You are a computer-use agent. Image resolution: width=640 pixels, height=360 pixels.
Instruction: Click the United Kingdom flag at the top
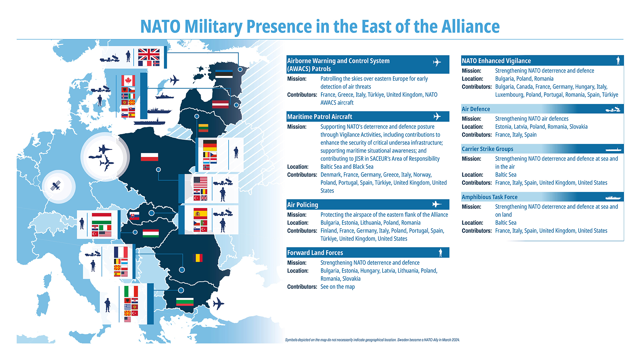(149, 54)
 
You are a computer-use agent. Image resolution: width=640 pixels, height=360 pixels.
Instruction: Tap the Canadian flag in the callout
(128, 81)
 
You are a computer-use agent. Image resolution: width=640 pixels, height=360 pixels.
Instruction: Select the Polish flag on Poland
(149, 157)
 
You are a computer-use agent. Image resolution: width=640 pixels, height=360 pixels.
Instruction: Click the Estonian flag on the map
(224, 74)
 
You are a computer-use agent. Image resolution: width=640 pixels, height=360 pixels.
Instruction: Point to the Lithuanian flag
(203, 128)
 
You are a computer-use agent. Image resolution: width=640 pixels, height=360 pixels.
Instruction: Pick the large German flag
(210, 145)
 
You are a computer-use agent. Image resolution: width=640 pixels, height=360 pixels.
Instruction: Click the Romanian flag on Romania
(198, 258)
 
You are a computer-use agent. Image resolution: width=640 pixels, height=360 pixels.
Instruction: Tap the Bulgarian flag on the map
(185, 302)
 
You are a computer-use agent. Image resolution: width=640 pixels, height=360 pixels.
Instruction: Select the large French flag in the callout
(121, 252)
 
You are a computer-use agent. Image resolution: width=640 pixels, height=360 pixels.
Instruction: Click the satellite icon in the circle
(56, 186)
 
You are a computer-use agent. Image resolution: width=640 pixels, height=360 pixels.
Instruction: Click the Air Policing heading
(303, 205)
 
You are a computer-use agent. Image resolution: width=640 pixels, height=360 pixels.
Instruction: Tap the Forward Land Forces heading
(315, 253)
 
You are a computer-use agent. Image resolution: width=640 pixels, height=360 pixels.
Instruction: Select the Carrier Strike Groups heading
(487, 149)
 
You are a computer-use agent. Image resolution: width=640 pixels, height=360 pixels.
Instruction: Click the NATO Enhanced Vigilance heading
(496, 61)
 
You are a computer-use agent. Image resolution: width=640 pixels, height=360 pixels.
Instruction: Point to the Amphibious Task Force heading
(490, 197)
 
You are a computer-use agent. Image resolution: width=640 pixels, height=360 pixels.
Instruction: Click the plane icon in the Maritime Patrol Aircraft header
(437, 116)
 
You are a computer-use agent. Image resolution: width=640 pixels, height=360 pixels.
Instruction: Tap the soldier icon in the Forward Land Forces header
(440, 253)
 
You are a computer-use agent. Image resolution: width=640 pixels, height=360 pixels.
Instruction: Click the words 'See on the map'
(338, 287)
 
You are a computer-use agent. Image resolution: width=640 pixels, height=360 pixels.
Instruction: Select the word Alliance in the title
(471, 26)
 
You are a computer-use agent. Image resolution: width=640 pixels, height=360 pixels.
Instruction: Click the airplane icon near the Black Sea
(218, 303)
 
